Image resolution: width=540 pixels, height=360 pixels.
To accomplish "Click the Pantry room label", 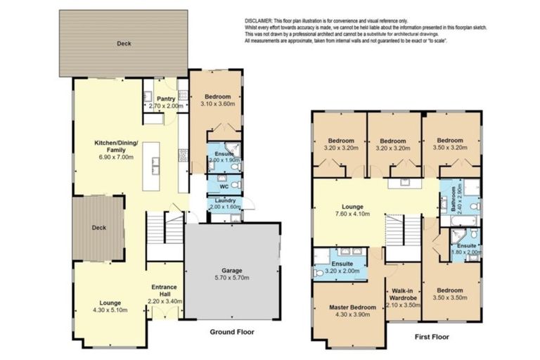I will pyautogui.click(x=166, y=98).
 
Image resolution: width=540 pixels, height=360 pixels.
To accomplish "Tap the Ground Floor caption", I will pyautogui.click(x=232, y=332).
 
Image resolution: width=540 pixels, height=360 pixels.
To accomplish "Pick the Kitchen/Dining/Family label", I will pyautogui.click(x=118, y=146).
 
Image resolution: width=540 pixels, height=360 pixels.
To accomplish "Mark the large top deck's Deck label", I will pyautogui.click(x=123, y=43).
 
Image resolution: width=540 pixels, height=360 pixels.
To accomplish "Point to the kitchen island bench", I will pyautogui.click(x=151, y=166).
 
